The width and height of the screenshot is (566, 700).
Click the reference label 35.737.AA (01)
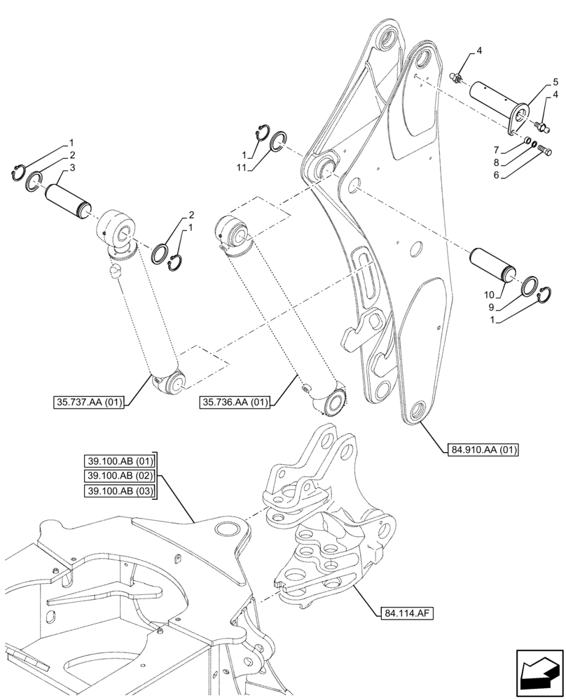(x=88, y=402)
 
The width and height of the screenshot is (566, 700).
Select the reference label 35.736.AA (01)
(x=235, y=402)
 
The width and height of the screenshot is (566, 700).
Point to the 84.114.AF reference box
(x=406, y=614)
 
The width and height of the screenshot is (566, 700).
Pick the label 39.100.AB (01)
(x=118, y=461)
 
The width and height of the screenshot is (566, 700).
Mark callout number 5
(x=555, y=82)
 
